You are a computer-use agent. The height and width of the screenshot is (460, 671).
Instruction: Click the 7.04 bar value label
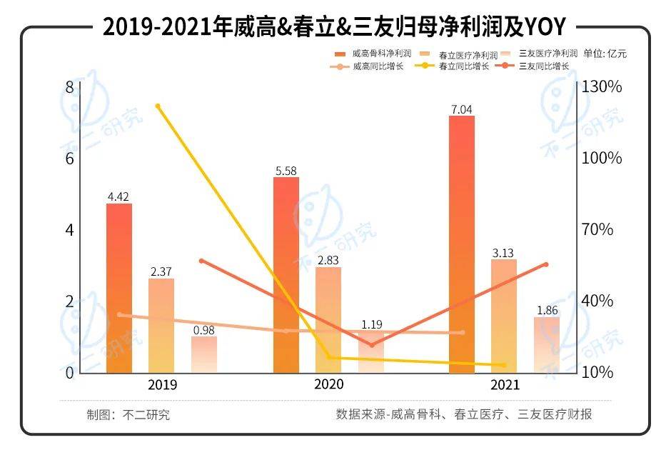460,109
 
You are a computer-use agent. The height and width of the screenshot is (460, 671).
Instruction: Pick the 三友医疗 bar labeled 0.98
203,354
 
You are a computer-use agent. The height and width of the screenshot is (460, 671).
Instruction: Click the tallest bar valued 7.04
461,244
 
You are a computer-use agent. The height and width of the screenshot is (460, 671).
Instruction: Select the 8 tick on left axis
69,86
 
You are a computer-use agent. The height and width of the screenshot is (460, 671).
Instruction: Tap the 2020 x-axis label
328,384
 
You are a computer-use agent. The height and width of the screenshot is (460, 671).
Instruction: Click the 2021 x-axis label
505,385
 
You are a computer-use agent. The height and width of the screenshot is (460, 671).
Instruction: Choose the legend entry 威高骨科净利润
375,54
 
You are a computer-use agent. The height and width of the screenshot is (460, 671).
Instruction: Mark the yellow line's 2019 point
158,106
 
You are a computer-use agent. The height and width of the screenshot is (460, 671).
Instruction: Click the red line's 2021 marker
545,264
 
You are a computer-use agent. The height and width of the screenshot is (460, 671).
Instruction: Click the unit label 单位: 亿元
605,54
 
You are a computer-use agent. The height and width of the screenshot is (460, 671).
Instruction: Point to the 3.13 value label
503,253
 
